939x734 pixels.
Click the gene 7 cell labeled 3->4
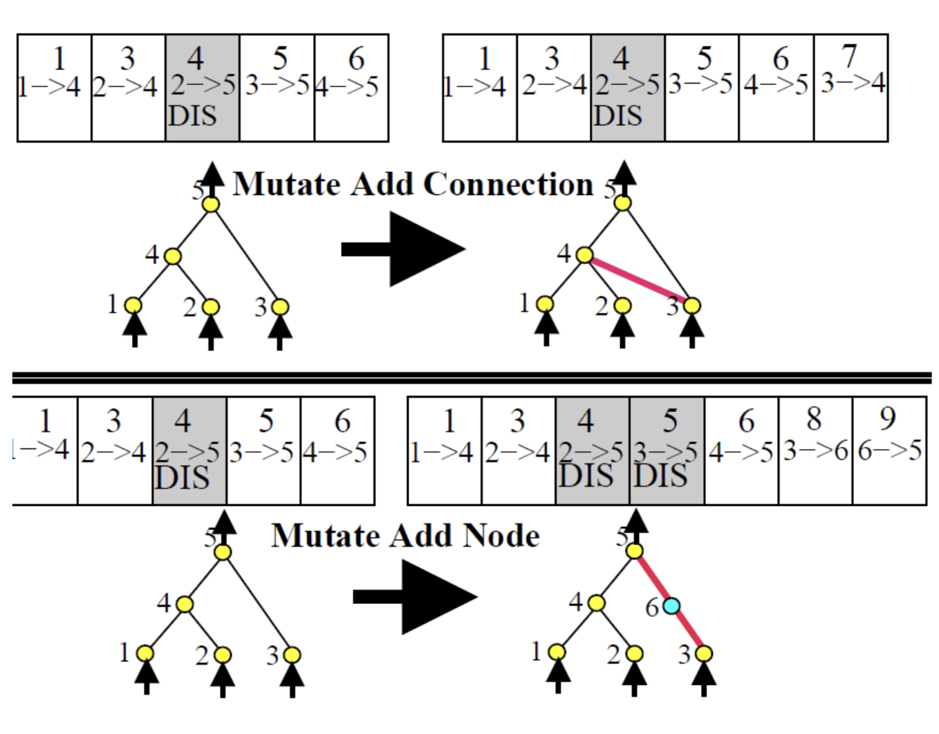pos(850,88)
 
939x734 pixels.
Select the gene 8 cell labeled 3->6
pos(815,450)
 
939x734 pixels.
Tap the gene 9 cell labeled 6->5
pos(889,450)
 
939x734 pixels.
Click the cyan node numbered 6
pos(671,606)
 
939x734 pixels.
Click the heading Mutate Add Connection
pos(413,185)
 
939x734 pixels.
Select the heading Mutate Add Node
pos(405,536)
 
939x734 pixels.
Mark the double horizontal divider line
pos(470,377)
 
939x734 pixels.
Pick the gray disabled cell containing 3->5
pos(667,450)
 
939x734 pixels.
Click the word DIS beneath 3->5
pos(660,476)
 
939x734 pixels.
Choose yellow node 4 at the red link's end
pos(584,255)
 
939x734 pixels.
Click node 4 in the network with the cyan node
pos(596,603)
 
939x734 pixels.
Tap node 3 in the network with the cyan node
pos(704,653)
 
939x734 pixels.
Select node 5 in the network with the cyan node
pos(634,551)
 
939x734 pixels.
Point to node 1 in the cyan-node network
pos(557,652)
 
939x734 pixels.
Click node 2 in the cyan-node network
pos(634,653)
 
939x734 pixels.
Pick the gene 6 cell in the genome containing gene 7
pos(777,88)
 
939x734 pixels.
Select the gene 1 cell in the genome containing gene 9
pos(444,450)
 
